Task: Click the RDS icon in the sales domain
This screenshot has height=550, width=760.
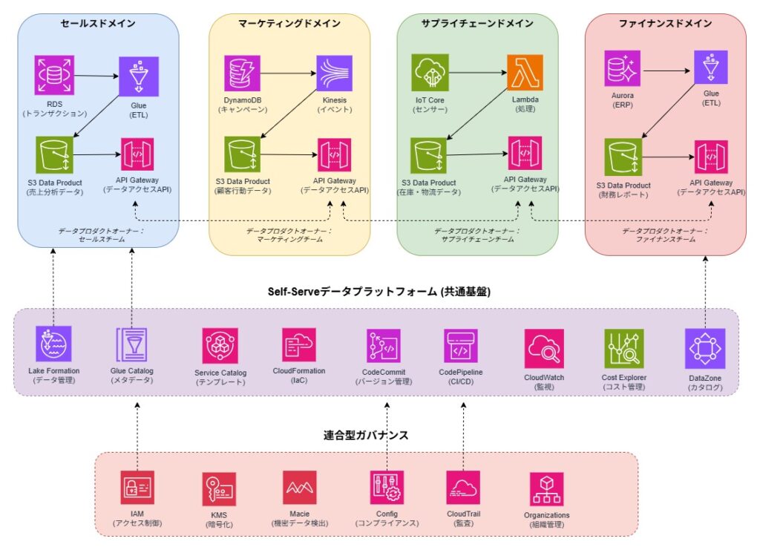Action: (54, 75)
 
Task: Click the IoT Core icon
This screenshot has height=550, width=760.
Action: (430, 73)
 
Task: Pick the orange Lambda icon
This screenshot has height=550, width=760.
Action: (525, 73)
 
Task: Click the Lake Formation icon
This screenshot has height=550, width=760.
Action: (53, 344)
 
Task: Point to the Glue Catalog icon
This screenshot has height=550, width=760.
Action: (132, 344)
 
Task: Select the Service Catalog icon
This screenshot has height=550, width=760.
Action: (220, 346)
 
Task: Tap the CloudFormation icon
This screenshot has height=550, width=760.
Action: (299, 345)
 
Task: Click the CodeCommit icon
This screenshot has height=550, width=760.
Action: (384, 346)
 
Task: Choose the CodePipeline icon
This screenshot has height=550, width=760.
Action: (461, 346)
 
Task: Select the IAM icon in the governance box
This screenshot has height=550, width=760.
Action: (137, 488)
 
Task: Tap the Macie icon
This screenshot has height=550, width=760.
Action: (300, 488)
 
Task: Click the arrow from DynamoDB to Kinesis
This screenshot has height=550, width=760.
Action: (288, 73)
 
